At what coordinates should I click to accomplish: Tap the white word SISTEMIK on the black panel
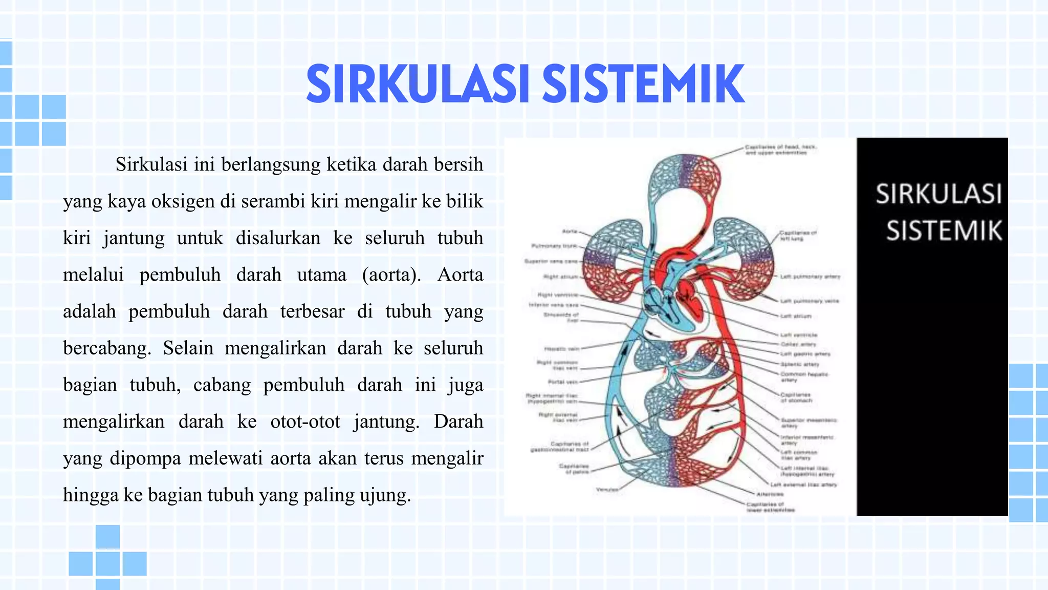944,230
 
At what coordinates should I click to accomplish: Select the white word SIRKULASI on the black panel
938,194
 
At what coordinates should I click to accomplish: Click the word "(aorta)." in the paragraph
391,275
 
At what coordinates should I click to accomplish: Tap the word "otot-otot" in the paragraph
305,422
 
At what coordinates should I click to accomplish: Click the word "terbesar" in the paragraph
312,311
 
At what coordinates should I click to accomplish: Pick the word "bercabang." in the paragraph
107,348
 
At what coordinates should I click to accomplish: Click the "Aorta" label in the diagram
570,231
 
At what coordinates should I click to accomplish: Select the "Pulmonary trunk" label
554,246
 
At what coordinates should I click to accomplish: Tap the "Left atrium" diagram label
796,316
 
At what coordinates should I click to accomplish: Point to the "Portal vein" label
563,382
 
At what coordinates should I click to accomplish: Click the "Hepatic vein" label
561,349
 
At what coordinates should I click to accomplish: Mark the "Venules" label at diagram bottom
607,490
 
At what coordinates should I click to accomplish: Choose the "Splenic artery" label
799,364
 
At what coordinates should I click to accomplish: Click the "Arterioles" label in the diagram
770,494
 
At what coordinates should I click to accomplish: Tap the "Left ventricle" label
798,335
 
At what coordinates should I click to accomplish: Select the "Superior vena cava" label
551,261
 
